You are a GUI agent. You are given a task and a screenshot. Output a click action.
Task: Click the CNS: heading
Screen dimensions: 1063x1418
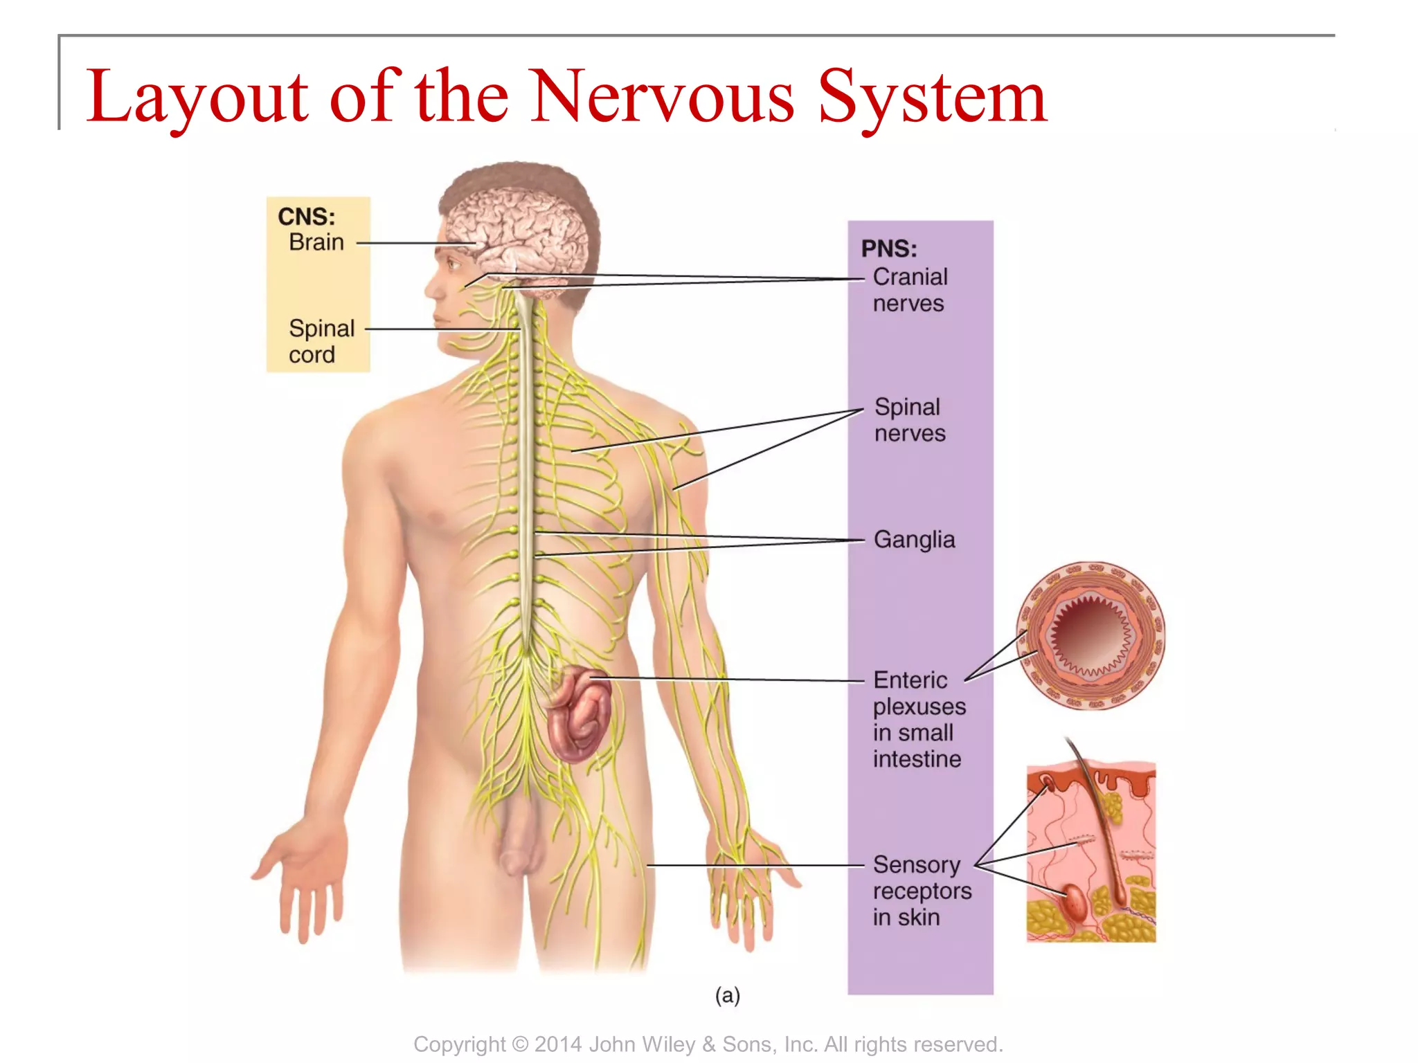[x=306, y=217]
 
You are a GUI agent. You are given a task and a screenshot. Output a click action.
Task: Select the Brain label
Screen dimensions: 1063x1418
[x=316, y=242]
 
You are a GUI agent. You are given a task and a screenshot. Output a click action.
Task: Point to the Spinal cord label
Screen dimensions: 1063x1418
[x=321, y=341]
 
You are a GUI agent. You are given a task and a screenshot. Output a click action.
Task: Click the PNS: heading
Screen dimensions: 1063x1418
[x=889, y=248]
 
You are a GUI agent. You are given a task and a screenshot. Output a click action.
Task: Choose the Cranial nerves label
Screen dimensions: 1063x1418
[x=910, y=290]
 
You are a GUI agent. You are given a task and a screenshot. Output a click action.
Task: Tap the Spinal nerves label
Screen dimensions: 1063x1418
[x=909, y=419]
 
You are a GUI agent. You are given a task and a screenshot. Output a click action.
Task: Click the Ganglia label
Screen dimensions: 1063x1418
[x=914, y=539]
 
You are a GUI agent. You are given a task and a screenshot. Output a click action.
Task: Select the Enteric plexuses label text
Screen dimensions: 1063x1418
[x=918, y=719]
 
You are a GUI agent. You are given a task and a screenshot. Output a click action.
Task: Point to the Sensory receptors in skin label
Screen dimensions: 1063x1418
[x=922, y=891]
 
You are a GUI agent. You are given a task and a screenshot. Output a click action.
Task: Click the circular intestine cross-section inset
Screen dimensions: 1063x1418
[x=1091, y=635]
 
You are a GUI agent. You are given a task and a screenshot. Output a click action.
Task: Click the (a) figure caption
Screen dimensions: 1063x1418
[x=727, y=995]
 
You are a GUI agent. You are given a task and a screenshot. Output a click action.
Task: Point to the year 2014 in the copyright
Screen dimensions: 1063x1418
[x=558, y=1044]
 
